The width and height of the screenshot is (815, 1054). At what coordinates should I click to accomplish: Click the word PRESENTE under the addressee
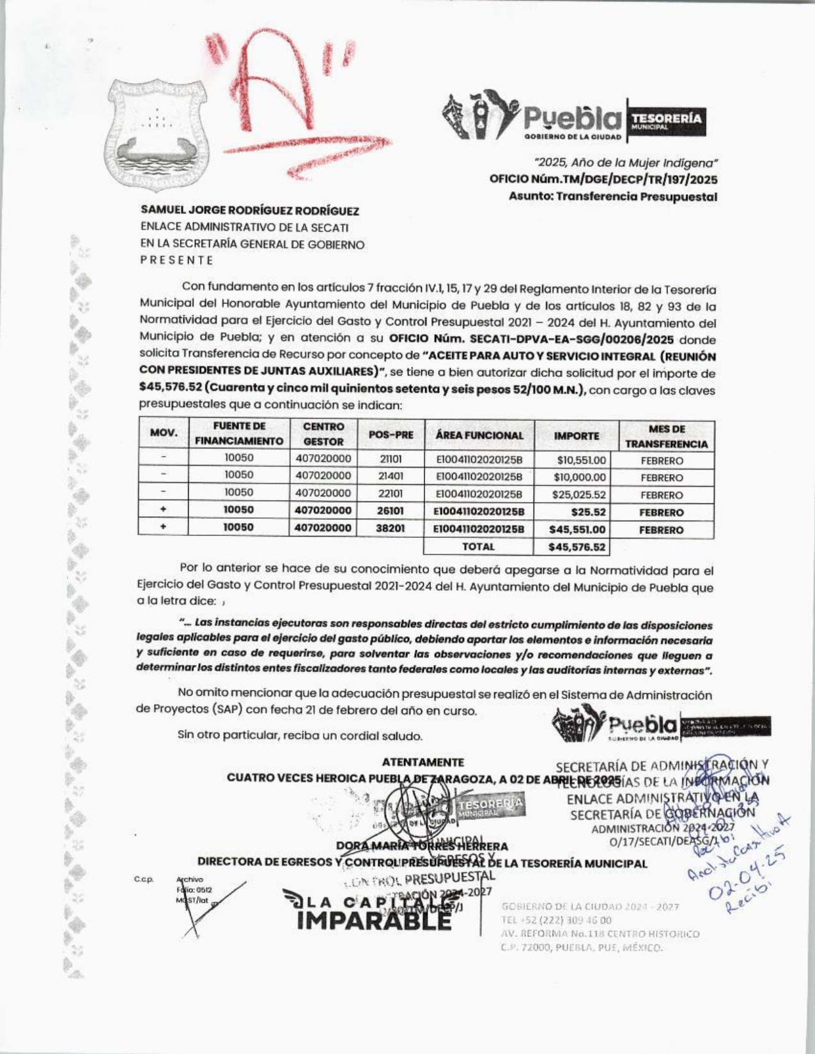tap(176, 261)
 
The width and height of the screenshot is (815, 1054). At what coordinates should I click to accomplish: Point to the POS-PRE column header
tap(391, 435)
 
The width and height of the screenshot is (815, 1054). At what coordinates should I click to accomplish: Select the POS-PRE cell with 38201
tap(391, 529)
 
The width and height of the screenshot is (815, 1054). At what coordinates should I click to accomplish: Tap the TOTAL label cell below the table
tap(478, 547)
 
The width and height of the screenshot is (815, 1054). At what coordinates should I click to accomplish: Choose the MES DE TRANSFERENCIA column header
tap(666, 436)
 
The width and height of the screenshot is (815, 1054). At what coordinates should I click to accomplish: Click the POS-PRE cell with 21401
tap(391, 477)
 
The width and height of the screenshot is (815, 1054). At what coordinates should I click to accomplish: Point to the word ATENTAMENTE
tap(423, 762)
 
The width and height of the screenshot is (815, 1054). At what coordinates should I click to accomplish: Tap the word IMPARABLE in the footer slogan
tap(374, 920)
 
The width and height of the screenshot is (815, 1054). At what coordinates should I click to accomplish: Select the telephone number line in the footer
tap(557, 920)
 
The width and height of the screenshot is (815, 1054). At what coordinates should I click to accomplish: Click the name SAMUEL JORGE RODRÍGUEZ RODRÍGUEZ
tap(250, 210)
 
